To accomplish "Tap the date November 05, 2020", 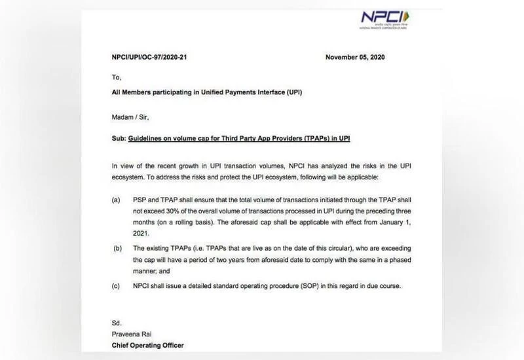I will (355, 57).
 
